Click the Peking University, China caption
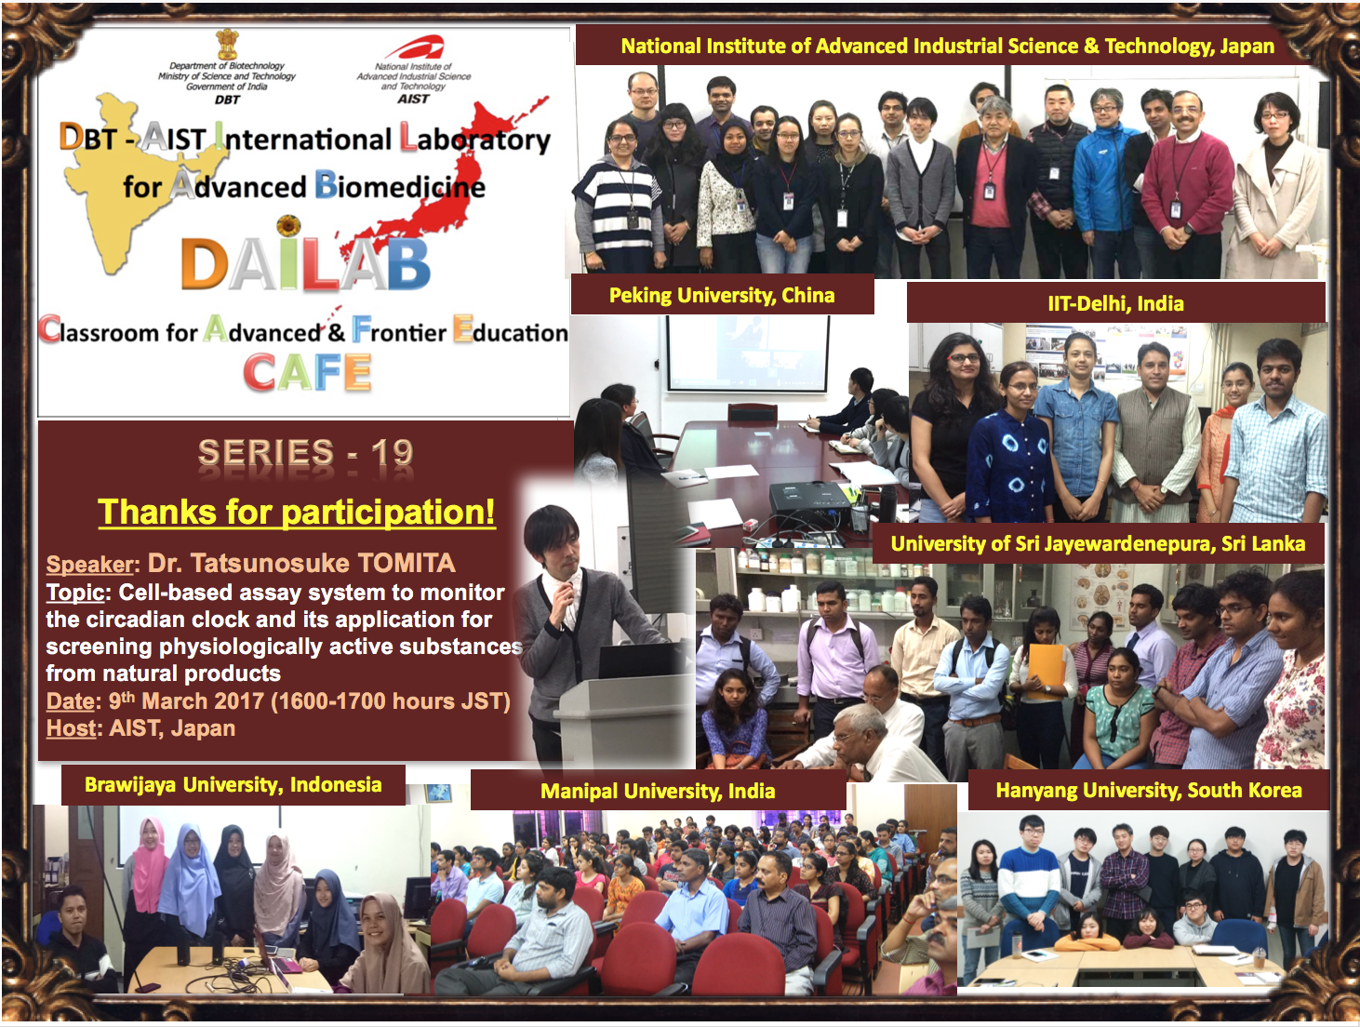[x=722, y=296]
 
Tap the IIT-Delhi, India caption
[x=1115, y=303]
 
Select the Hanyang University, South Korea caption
[x=1149, y=790]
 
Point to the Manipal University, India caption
[x=658, y=791]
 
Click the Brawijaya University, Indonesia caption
[x=233, y=785]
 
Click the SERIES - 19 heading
[x=305, y=452]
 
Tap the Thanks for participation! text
[x=296, y=513]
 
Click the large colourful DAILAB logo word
[x=305, y=264]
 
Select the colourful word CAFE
[x=307, y=372]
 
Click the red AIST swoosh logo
[x=414, y=47]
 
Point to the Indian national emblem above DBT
[x=227, y=44]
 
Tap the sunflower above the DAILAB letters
[x=288, y=226]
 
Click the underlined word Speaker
[x=90, y=565]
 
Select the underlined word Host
[x=72, y=728]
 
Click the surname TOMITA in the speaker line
[x=406, y=563]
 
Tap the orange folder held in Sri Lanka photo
[x=1047, y=672]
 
